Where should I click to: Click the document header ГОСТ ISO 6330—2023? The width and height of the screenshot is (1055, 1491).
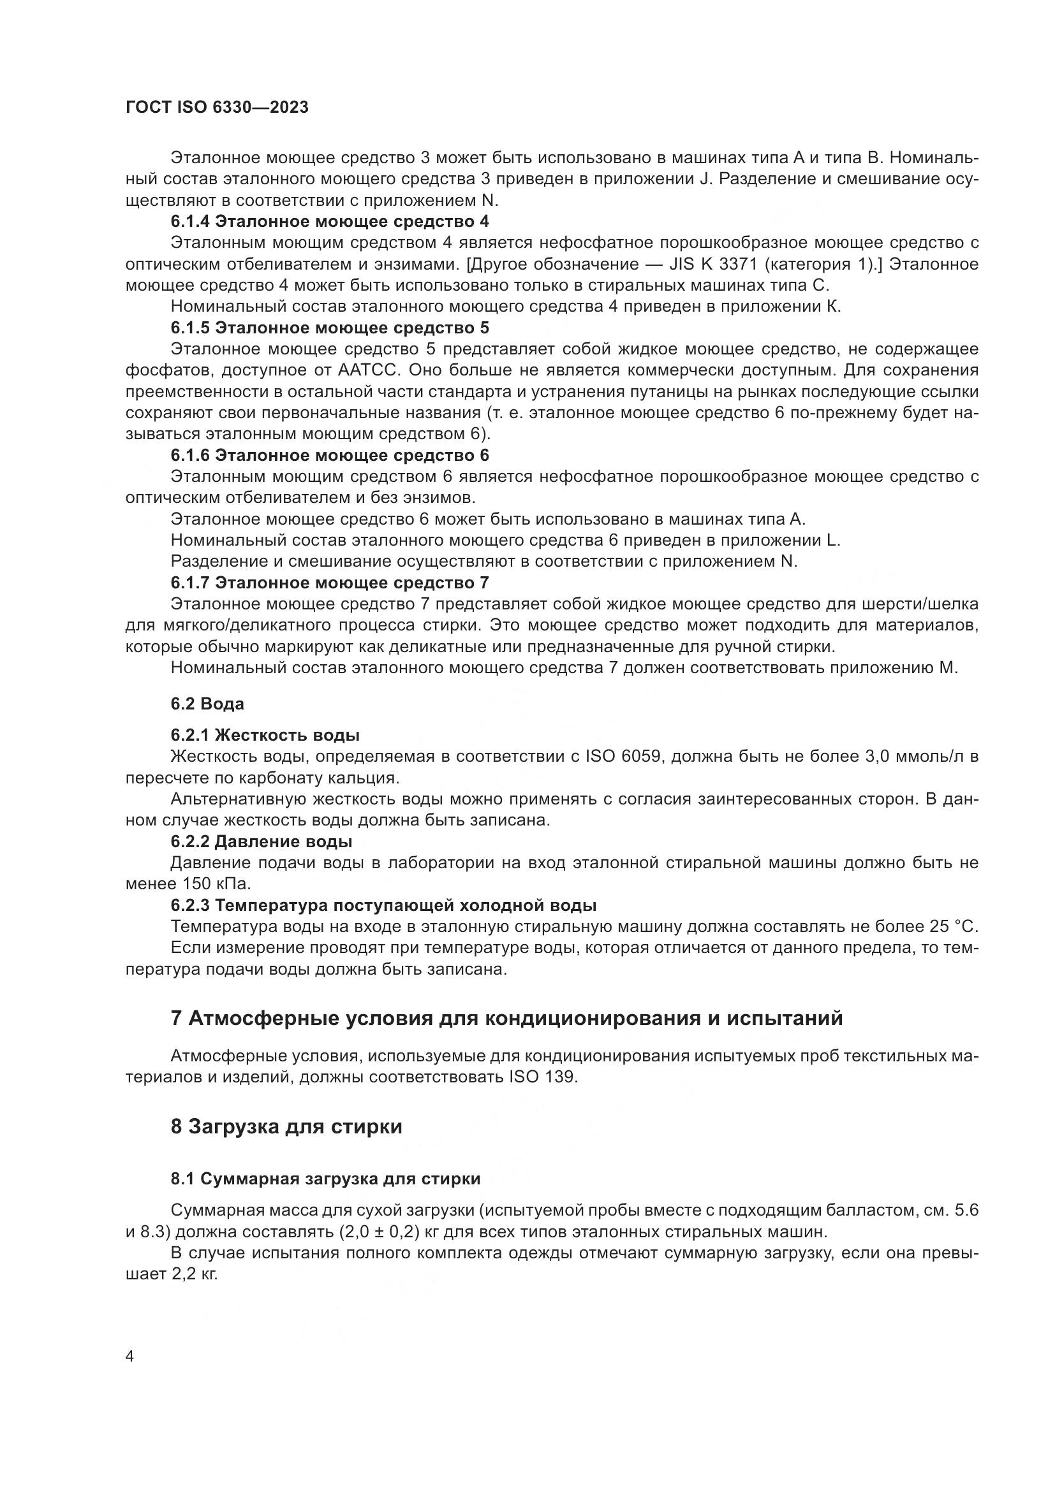[x=216, y=108]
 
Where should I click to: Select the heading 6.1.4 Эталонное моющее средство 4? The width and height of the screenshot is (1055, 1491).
[x=330, y=221]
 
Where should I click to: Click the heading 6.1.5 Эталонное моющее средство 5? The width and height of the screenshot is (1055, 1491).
[x=330, y=327]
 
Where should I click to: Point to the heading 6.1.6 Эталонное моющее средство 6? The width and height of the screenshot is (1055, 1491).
[x=330, y=455]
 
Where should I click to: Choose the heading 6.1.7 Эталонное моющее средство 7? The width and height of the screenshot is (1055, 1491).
[x=330, y=583]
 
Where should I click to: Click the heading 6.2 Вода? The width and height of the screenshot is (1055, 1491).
[x=207, y=703]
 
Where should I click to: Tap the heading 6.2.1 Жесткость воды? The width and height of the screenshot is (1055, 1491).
[x=265, y=735]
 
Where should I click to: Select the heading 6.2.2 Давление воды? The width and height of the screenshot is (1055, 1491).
[x=261, y=841]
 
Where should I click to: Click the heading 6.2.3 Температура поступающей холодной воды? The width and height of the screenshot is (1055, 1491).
[x=383, y=905]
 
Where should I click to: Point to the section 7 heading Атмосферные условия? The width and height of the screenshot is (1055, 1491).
[x=506, y=1017]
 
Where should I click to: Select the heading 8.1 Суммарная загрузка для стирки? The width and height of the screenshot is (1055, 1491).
[x=325, y=1179]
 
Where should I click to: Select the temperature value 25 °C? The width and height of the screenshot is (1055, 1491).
[x=945, y=927]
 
